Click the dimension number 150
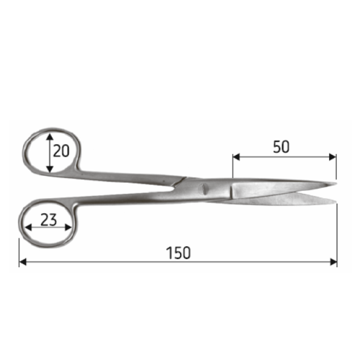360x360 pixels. point(179,253)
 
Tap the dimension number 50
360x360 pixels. point(281,147)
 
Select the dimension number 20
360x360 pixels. point(61,151)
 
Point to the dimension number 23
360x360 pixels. point(48,220)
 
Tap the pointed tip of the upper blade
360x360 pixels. point(336,184)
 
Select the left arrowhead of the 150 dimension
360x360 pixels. point(22,262)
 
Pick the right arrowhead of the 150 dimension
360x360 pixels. point(333,262)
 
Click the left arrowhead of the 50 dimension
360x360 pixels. point(236,157)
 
